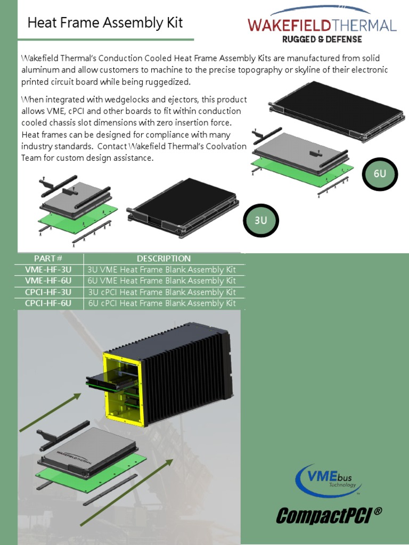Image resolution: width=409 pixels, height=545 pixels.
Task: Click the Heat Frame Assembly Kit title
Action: coord(105,22)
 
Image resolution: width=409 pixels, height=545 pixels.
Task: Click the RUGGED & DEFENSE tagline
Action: coord(322,39)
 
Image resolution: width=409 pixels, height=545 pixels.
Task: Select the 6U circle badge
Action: coord(380,173)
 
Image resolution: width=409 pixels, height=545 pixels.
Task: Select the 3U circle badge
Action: coord(261,220)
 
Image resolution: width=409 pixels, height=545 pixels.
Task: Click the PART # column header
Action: coord(52,259)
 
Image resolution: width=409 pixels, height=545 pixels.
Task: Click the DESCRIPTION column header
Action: coord(163,259)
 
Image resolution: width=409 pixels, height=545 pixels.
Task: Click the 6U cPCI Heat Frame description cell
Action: coord(162,303)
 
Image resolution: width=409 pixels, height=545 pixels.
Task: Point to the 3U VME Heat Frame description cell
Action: coord(162,270)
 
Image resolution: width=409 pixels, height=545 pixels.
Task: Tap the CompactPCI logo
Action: coord(329,515)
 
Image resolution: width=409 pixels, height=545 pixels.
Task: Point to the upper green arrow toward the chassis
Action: coord(51,412)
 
